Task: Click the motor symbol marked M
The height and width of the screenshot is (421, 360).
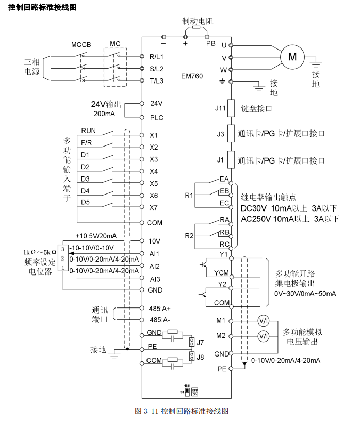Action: [x=292, y=57]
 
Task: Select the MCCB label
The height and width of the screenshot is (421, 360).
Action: [x=81, y=44]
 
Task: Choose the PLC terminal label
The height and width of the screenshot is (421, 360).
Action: [x=156, y=118]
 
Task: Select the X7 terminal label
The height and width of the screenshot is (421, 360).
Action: [x=154, y=208]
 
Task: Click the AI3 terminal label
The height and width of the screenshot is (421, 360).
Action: [x=155, y=279]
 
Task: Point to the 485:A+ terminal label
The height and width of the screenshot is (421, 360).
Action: [x=159, y=308]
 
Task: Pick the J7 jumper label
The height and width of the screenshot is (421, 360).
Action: [x=200, y=342]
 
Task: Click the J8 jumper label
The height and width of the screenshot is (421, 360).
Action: [x=200, y=356]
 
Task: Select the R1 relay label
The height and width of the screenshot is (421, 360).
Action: [x=189, y=196]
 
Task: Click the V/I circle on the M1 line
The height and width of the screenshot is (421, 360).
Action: [x=264, y=321]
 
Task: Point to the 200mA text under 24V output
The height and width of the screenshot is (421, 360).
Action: [x=104, y=113]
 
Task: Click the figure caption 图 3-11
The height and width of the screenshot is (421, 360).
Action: [x=181, y=411]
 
